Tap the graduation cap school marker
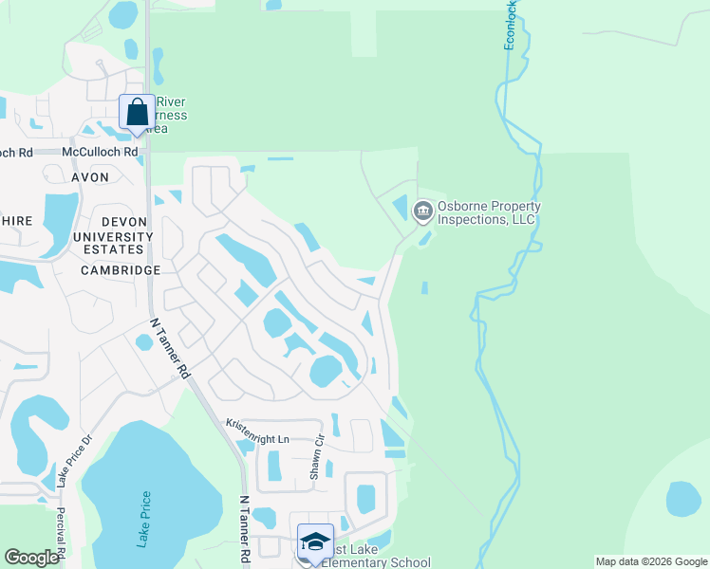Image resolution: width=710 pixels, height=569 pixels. pos(315,541)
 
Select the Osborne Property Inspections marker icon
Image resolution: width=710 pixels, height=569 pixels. pos(423,211)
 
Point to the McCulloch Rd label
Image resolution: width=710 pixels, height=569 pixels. pos(100,152)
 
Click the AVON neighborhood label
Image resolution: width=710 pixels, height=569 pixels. pos(88,177)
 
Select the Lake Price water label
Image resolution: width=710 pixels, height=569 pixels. pos(143,520)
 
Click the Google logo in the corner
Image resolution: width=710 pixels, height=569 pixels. pos(31,558)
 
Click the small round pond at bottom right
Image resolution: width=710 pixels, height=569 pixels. pos(683,499)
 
